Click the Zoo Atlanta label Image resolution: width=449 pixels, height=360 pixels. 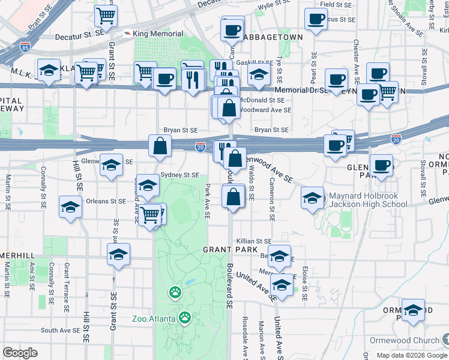pos(155,318)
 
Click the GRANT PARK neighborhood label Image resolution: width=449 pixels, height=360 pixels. pos(230,249)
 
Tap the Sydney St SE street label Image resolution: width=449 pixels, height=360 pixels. pos(180,175)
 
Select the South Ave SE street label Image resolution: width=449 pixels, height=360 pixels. pos(60,331)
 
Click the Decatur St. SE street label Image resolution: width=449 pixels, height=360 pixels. pos(80,37)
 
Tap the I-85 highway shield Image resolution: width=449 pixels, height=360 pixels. pos(25,46)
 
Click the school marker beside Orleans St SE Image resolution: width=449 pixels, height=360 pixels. pos(71,208)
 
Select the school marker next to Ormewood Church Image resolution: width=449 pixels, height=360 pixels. pos(413,310)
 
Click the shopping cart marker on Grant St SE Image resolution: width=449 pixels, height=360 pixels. pos(106,16)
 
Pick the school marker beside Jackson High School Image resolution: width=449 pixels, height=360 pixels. pos(312,198)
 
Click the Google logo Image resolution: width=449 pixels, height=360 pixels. pos(20,353)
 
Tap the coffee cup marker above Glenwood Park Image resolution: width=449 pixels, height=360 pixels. pos(381,164)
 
